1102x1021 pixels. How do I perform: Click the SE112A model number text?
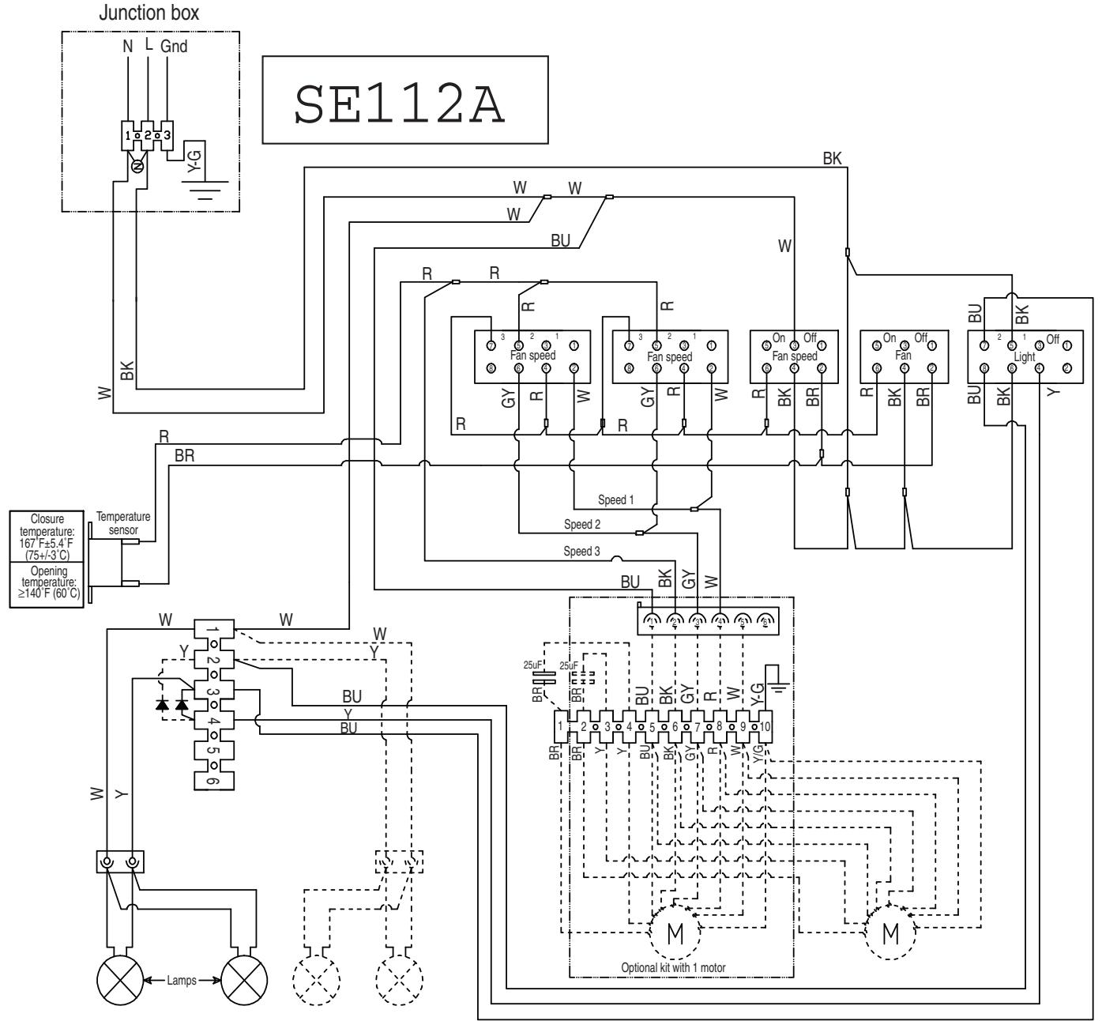click(404, 100)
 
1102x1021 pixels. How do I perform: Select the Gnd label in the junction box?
click(174, 47)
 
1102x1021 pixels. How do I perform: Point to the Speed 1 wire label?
click(616, 500)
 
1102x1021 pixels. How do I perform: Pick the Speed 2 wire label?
click(582, 524)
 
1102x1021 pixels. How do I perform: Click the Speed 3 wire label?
click(581, 551)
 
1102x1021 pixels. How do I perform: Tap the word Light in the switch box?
click(1025, 356)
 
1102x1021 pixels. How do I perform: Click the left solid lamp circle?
click(119, 982)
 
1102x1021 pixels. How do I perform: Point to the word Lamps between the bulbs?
click(182, 982)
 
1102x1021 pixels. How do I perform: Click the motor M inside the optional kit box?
click(675, 933)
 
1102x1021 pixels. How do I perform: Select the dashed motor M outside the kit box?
click(890, 933)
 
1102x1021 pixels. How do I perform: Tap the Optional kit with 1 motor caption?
click(673, 967)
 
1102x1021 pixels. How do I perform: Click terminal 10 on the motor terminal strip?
click(765, 725)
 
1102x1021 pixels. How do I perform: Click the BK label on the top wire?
click(832, 158)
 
